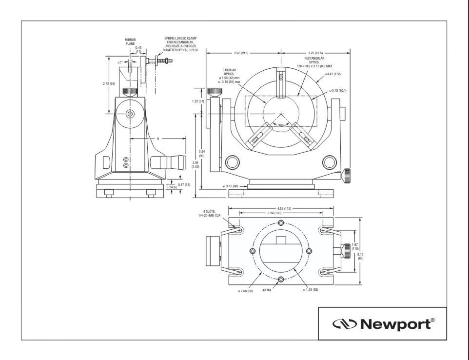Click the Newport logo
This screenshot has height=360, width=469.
[382, 323]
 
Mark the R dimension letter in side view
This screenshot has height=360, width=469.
[158, 139]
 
